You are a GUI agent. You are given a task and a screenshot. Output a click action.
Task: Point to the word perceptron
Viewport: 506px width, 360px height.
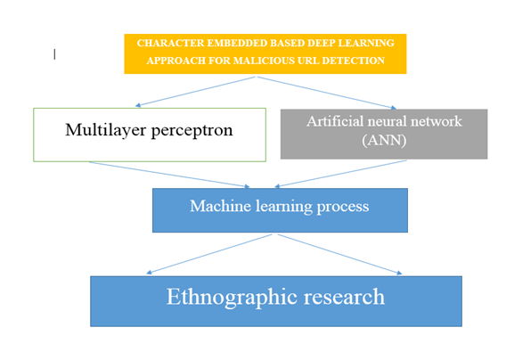pos(192,131)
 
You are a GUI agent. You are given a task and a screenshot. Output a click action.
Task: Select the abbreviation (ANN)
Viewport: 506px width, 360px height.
pos(384,140)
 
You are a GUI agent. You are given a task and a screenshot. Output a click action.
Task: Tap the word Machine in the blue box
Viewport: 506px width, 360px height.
pos(220,206)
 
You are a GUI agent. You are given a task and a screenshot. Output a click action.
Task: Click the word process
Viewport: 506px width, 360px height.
pos(343,207)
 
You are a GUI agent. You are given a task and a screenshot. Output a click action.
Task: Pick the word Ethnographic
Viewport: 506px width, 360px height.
pos(232,297)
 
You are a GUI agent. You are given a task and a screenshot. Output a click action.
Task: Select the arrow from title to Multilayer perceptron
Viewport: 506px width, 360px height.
pos(195,92)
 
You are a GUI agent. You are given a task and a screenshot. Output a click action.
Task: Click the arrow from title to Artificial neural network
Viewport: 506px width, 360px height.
pos(327,93)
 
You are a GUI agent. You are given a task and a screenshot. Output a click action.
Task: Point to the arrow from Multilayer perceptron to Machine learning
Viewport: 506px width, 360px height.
pos(169,175)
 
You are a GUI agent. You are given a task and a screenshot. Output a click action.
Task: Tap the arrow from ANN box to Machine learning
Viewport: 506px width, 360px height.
pos(340,174)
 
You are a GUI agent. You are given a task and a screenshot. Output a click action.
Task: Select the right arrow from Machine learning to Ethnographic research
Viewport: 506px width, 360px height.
pos(339,255)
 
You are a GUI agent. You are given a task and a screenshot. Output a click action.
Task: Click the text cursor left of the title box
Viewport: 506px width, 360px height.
pos(54,54)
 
